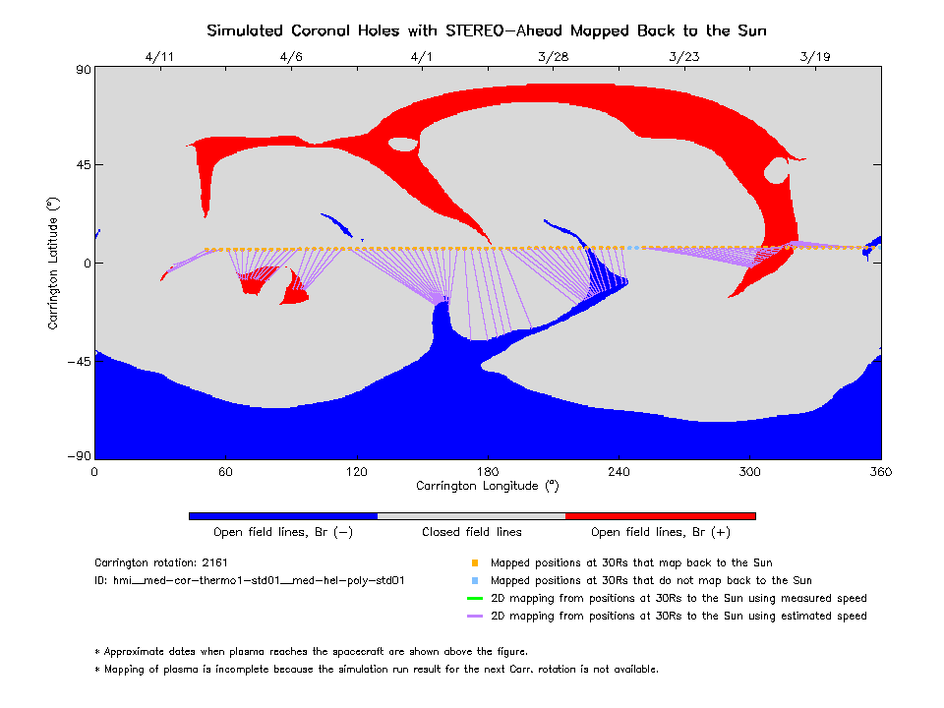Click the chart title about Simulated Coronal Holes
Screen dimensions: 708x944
point(487,30)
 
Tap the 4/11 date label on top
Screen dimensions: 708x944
point(158,57)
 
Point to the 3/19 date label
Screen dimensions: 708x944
point(815,57)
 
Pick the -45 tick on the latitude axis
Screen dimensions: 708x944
point(77,361)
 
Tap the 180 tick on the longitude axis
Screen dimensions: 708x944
point(488,472)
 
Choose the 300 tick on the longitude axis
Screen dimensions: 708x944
point(750,472)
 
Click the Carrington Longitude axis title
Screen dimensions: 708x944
point(488,486)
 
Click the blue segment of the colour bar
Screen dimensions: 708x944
point(283,515)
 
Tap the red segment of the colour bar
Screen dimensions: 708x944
point(661,515)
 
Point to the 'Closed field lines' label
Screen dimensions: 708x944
point(472,532)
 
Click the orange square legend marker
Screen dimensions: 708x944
point(475,563)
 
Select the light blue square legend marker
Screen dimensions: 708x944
point(475,581)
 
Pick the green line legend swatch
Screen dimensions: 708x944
point(475,599)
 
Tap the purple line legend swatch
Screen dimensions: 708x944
point(475,617)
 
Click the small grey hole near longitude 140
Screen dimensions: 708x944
point(403,145)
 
